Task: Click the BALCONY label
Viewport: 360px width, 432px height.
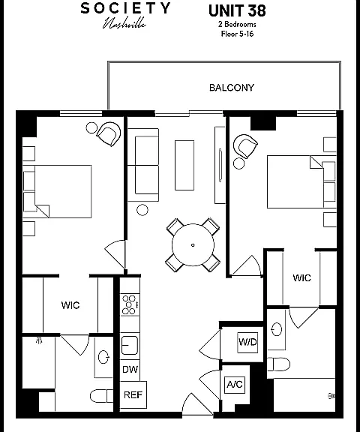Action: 231,88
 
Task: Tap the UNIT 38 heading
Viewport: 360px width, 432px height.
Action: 237,11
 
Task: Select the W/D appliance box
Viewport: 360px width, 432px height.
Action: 247,343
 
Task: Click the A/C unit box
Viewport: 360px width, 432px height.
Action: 235,384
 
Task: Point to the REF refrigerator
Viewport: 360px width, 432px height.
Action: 133,394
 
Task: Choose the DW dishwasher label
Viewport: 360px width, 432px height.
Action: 130,370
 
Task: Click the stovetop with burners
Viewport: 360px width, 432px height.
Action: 130,304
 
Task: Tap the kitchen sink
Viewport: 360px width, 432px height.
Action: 130,345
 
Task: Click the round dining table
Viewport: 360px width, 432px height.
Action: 193,244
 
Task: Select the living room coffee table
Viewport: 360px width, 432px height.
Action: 184,165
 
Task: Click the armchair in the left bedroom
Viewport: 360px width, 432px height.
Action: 109,134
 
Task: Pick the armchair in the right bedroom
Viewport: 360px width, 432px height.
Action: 245,146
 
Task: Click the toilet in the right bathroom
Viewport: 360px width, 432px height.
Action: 279,364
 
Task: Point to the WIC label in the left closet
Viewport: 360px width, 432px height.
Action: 70,305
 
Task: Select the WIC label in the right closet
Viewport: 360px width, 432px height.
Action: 302,277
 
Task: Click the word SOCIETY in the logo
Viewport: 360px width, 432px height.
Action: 125,8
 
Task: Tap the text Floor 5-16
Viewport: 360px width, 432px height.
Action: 237,34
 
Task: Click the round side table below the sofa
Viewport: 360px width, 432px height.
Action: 142,210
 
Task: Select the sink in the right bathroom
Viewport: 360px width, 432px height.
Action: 277,329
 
